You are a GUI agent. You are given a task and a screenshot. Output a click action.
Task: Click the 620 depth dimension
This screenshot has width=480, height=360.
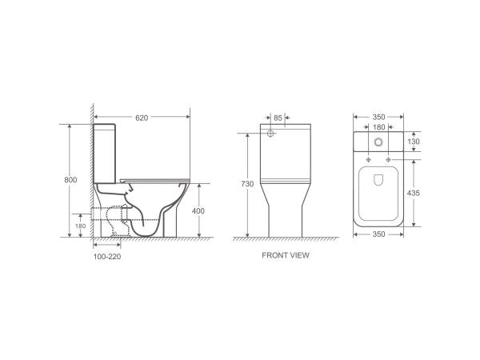point(142,117)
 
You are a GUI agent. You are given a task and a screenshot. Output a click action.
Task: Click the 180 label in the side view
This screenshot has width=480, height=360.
point(80,226)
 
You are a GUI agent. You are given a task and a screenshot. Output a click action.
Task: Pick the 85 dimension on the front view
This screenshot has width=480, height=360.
point(278,118)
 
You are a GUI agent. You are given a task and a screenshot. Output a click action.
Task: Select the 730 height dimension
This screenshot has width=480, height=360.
point(248,184)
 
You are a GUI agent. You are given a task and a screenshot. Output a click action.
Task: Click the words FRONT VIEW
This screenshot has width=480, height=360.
point(285,256)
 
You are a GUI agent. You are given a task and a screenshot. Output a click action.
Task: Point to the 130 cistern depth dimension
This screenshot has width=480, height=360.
point(414,141)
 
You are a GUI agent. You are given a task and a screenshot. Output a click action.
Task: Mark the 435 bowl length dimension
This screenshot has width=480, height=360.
point(414,193)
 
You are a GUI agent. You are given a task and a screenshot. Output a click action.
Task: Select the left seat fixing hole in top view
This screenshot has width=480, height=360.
point(362,157)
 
